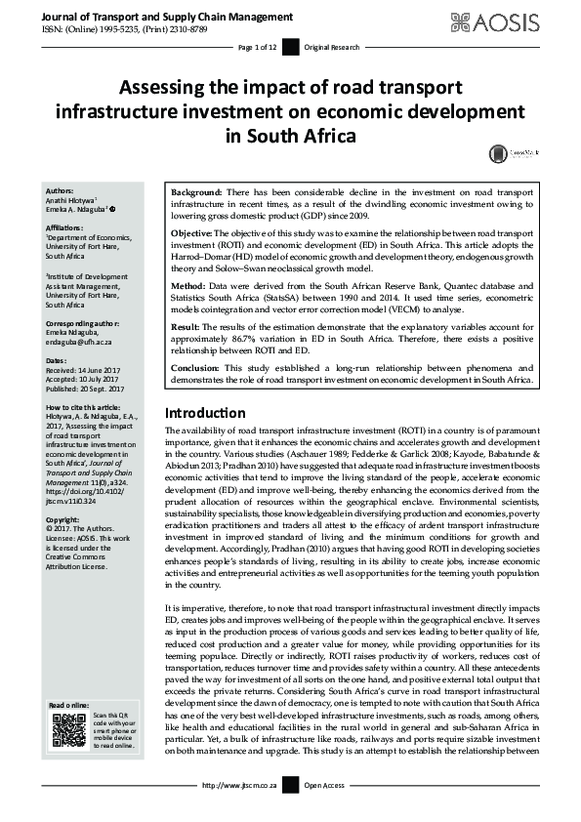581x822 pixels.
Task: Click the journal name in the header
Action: [x=154, y=18]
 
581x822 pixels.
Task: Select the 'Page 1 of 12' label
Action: [x=258, y=47]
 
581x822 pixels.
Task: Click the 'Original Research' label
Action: [x=332, y=47]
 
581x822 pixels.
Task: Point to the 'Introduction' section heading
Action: [x=205, y=440]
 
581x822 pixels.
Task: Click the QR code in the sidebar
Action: [x=68, y=728]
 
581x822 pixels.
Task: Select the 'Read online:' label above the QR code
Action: [x=68, y=704]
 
